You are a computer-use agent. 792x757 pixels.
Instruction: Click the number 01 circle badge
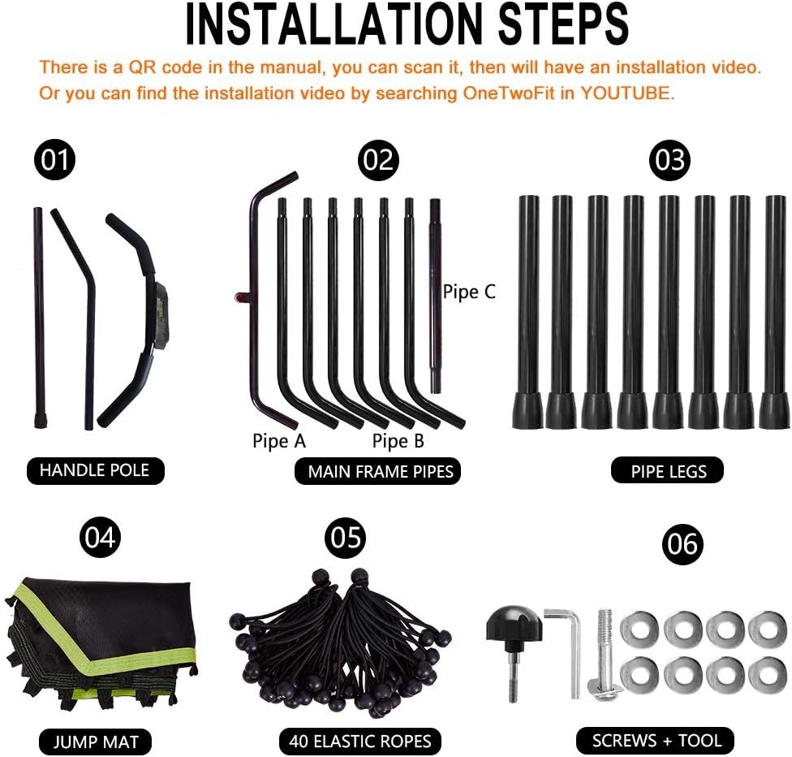pos(54,160)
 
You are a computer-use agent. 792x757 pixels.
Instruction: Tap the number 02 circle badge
pos(378,160)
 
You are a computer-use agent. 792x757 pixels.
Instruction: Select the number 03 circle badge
pos(669,160)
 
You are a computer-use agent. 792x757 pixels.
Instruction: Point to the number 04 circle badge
pos(101,538)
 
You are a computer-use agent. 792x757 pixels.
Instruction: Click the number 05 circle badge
pos(346,538)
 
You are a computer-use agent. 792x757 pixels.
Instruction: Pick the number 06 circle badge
pos(683,544)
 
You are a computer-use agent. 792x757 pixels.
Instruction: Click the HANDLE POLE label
pos(95,471)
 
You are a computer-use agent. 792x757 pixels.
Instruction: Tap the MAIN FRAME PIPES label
pos(378,471)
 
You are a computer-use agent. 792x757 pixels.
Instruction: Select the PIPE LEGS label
pos(668,471)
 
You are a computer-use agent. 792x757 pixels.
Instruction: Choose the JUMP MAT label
pos(96,742)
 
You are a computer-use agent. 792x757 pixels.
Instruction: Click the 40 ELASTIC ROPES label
pos(360,742)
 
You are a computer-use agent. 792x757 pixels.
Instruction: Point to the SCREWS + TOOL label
pos(655,741)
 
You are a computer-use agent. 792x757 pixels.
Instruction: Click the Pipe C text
pos(469,292)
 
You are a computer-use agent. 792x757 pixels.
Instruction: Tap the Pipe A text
pos(279,441)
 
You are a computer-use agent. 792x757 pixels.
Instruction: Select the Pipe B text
pos(398,441)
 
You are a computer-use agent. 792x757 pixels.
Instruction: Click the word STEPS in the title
pos(564,24)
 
